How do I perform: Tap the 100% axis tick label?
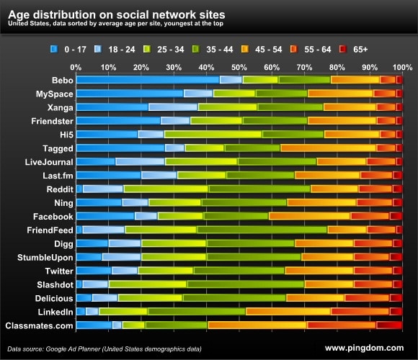(x=402, y=67)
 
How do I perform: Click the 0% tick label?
(x=76, y=67)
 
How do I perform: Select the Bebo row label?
(x=61, y=80)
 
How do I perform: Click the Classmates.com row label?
(x=40, y=325)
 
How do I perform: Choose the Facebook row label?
(x=53, y=216)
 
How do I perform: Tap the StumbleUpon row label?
(x=45, y=257)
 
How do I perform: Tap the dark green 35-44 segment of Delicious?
(x=234, y=298)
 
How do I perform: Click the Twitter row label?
(x=58, y=271)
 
